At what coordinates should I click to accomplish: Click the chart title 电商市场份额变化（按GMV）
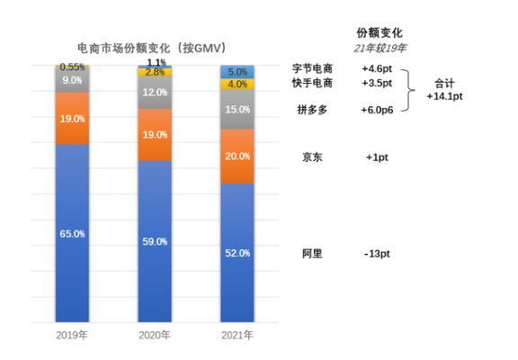pyautogui.click(x=150, y=47)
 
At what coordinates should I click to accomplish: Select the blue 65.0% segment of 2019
pyautogui.click(x=73, y=233)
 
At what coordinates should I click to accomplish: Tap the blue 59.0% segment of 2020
pyautogui.click(x=156, y=241)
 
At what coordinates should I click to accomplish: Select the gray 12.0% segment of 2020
pyautogui.click(x=156, y=93)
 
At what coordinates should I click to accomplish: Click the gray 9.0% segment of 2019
pyautogui.click(x=73, y=80)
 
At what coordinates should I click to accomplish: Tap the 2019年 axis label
pyautogui.click(x=73, y=335)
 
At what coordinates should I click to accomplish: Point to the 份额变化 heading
pyautogui.click(x=379, y=32)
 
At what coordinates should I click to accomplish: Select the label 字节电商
pyautogui.click(x=313, y=68)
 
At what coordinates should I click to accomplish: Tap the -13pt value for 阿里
pyautogui.click(x=377, y=254)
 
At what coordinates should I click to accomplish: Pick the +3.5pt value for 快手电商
pyautogui.click(x=377, y=83)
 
